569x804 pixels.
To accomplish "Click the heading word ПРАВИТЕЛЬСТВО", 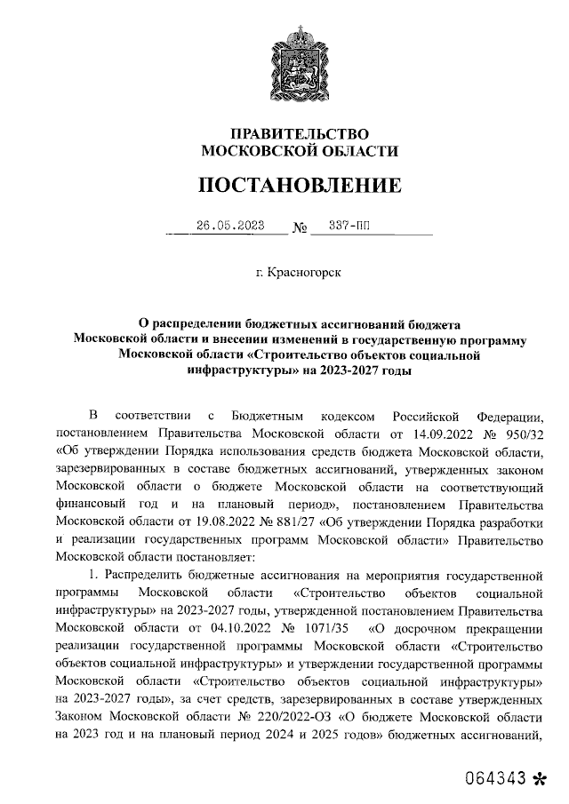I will [x=300, y=133].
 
